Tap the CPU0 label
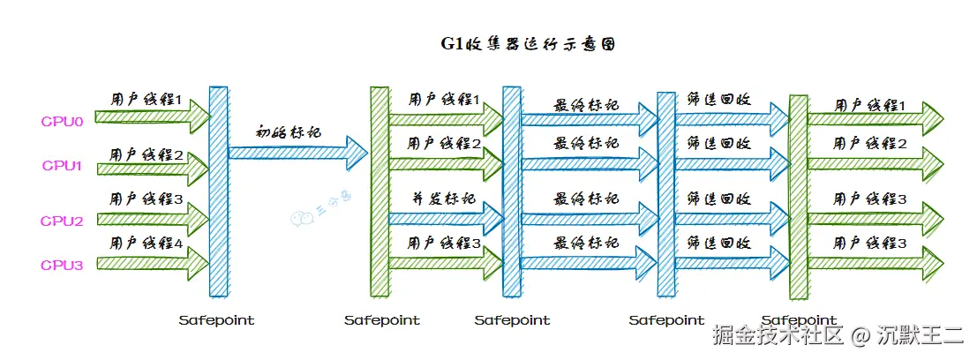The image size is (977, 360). pyautogui.click(x=62, y=121)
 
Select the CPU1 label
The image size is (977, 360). pyautogui.click(x=62, y=165)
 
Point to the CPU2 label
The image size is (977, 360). pyautogui.click(x=62, y=221)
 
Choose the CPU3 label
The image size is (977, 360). pyautogui.click(x=62, y=264)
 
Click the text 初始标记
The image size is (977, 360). pyautogui.click(x=288, y=133)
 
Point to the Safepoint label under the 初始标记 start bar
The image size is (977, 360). pyautogui.click(x=216, y=320)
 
